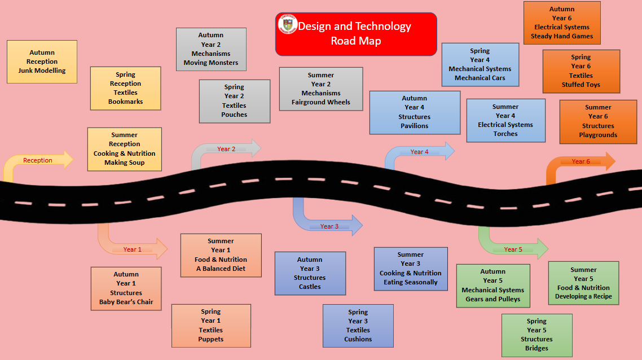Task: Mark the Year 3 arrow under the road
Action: [330, 226]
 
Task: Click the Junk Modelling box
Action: [42, 62]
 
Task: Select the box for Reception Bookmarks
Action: [126, 88]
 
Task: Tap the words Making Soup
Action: [125, 163]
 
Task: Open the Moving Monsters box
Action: [211, 49]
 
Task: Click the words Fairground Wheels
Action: [321, 102]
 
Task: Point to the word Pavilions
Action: [415, 126]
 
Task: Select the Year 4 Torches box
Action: [505, 120]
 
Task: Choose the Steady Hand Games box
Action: [562, 23]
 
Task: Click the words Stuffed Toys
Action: [581, 85]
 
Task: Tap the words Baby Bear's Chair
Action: [126, 302]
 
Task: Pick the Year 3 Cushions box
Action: [358, 326]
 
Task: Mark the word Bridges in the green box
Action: [537, 348]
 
